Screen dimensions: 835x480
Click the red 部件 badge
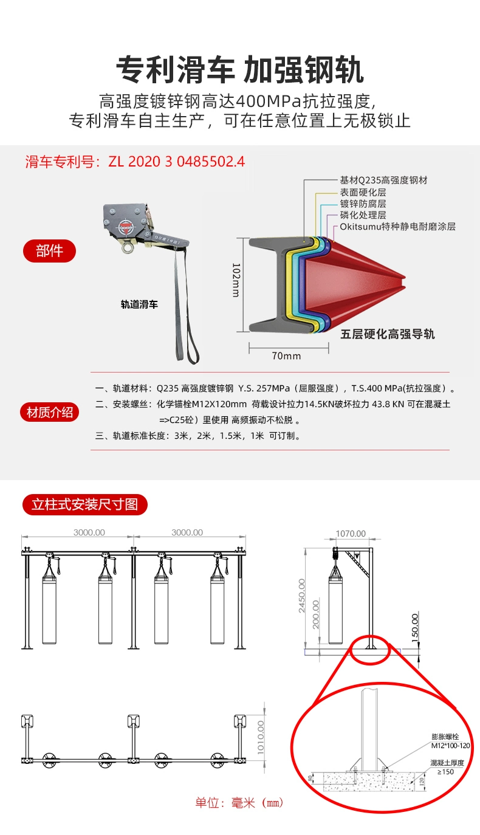tap(50, 250)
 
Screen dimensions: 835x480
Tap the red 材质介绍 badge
tap(50, 413)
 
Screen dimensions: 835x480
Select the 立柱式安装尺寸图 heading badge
tap(85, 504)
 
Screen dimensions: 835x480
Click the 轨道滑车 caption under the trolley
tap(139, 304)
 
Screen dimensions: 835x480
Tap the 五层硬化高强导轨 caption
tap(387, 334)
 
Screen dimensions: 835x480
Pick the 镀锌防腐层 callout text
tap(363, 204)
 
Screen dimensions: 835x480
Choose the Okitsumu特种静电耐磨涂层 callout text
tap(397, 227)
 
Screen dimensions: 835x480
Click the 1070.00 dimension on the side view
tap(351, 534)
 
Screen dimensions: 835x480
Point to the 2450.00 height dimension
tap(302, 596)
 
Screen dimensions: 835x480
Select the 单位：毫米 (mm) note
tap(239, 803)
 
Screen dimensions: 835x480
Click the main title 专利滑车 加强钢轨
tap(240, 70)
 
